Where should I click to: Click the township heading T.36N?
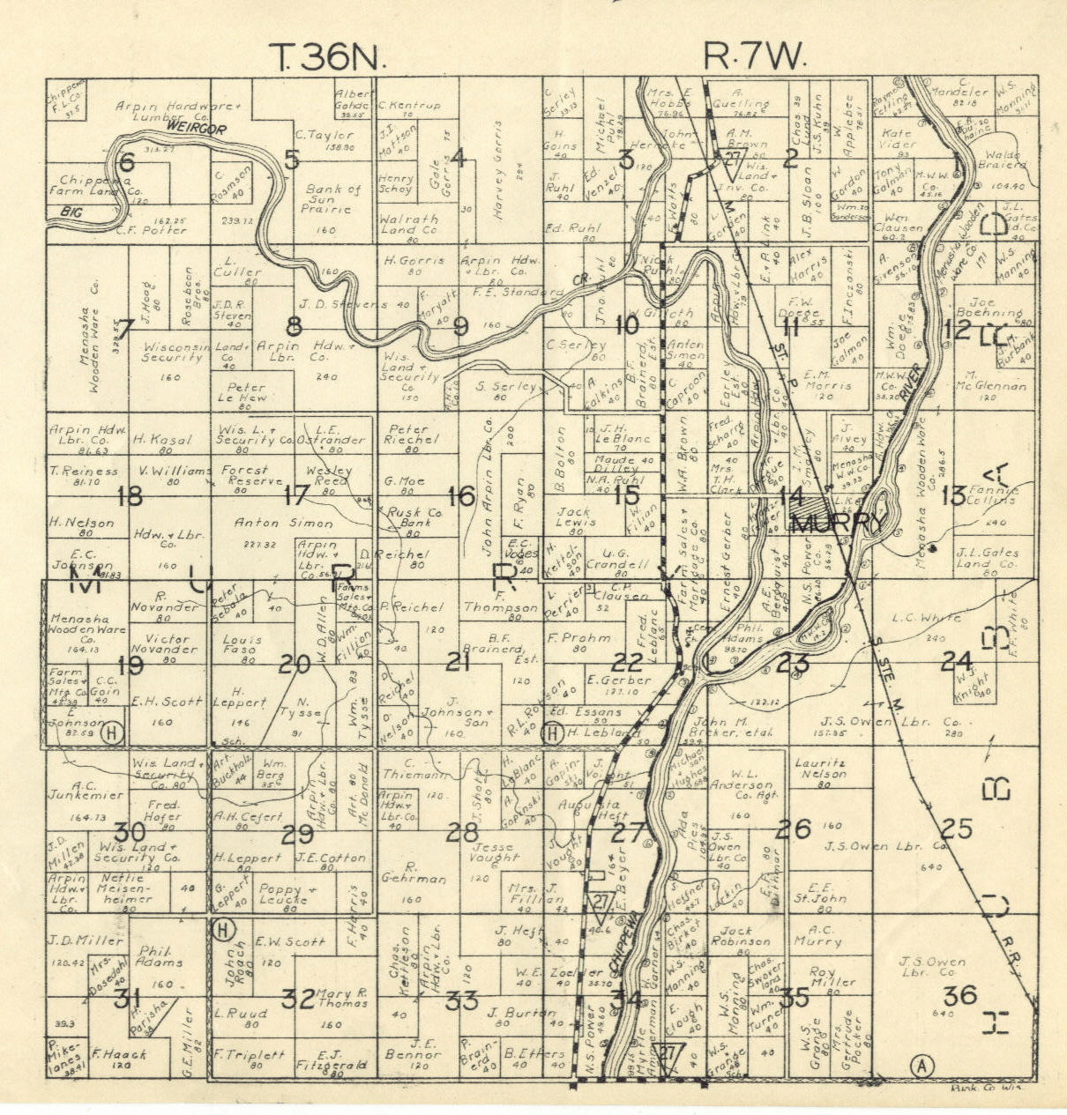[x=328, y=58]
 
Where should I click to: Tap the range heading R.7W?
[x=756, y=58]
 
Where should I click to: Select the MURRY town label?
[x=836, y=524]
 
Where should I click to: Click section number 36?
[x=959, y=996]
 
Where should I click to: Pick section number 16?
[x=461, y=496]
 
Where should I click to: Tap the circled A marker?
[x=922, y=1066]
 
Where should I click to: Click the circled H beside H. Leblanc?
[x=553, y=732]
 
